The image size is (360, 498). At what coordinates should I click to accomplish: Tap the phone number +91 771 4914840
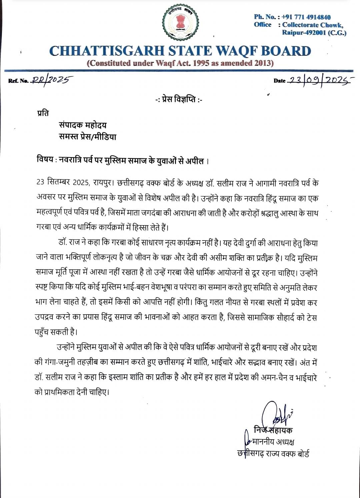(306, 17)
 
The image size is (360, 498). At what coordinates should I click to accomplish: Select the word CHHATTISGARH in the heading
(106, 51)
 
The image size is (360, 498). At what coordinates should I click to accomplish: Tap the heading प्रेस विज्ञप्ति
(179, 99)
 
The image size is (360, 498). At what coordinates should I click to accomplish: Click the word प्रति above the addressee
(43, 113)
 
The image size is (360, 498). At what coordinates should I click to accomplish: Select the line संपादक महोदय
(83, 125)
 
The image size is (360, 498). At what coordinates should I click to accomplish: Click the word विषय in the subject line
(45, 160)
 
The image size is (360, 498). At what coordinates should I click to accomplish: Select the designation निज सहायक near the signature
(273, 430)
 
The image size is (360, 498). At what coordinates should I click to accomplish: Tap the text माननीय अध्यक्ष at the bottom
(273, 442)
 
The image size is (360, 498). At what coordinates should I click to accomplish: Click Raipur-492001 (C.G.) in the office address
(314, 33)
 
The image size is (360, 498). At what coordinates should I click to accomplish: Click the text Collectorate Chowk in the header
(312, 25)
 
